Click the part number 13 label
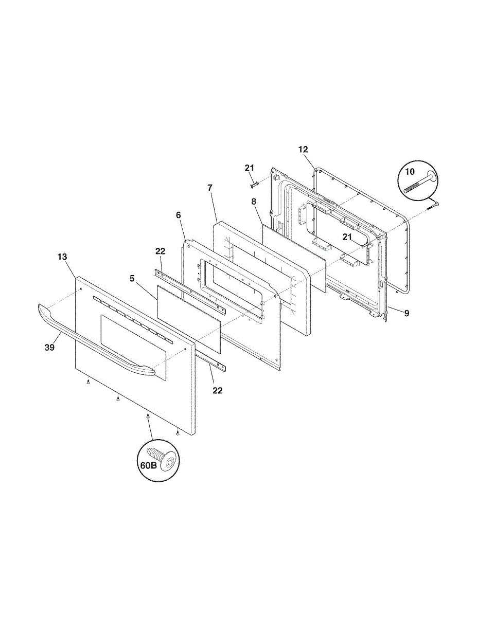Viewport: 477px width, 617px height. [62, 257]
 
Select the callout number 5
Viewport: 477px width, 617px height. [132, 279]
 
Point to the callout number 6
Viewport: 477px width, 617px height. [178, 215]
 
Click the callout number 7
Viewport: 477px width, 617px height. [210, 188]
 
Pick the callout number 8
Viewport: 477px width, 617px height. [254, 202]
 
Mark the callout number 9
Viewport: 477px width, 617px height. [407, 313]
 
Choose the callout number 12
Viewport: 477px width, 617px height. [303, 150]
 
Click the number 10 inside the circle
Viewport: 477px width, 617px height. [410, 171]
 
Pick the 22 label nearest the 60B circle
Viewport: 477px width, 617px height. [218, 391]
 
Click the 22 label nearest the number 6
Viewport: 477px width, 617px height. [160, 251]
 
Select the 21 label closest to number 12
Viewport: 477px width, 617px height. [250, 168]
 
